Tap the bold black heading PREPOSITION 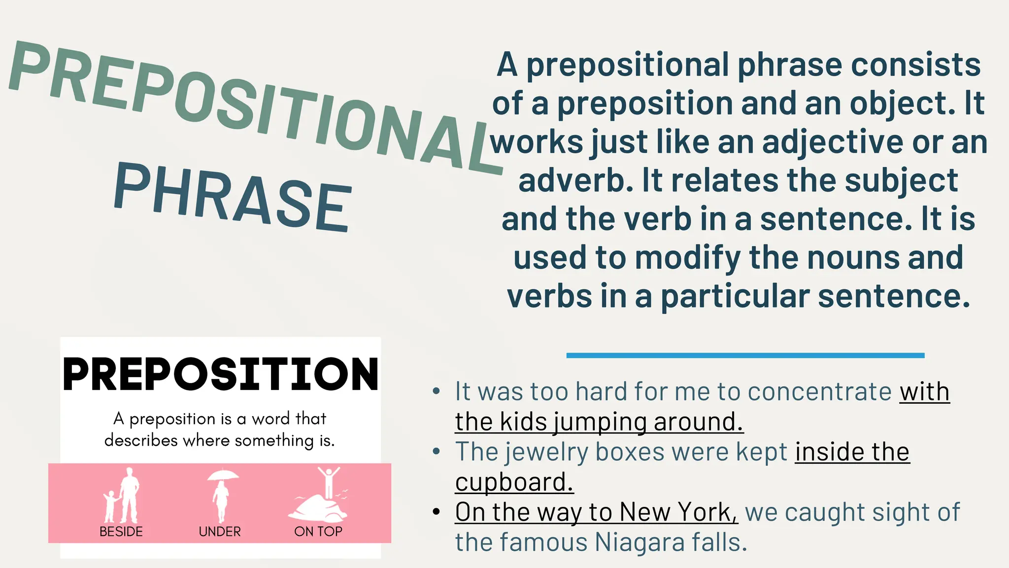coord(221,374)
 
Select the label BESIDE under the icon coord(121,532)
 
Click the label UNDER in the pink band coord(220,532)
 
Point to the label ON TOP coord(318,532)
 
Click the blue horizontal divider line coord(745,355)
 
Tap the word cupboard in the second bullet coord(514,482)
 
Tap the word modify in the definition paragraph coord(690,258)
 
